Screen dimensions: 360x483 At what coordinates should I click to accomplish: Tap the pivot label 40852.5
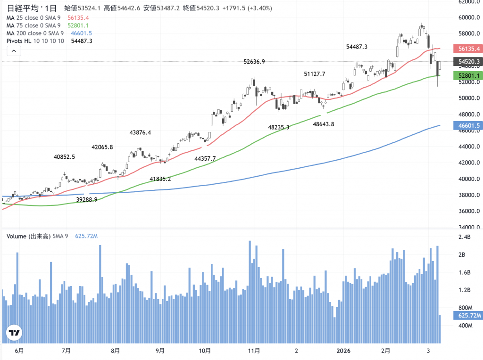tap(64, 157)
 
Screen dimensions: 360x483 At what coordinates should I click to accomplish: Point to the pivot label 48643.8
tap(324, 124)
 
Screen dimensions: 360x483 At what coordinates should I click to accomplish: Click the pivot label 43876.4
tap(140, 132)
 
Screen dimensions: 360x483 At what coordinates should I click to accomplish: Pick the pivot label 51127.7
tap(315, 74)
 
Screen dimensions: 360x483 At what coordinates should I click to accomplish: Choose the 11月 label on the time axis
tap(254, 351)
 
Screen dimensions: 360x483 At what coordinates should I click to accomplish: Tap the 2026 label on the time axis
tap(346, 351)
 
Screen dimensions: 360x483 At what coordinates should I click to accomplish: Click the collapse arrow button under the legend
tap(14, 51)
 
